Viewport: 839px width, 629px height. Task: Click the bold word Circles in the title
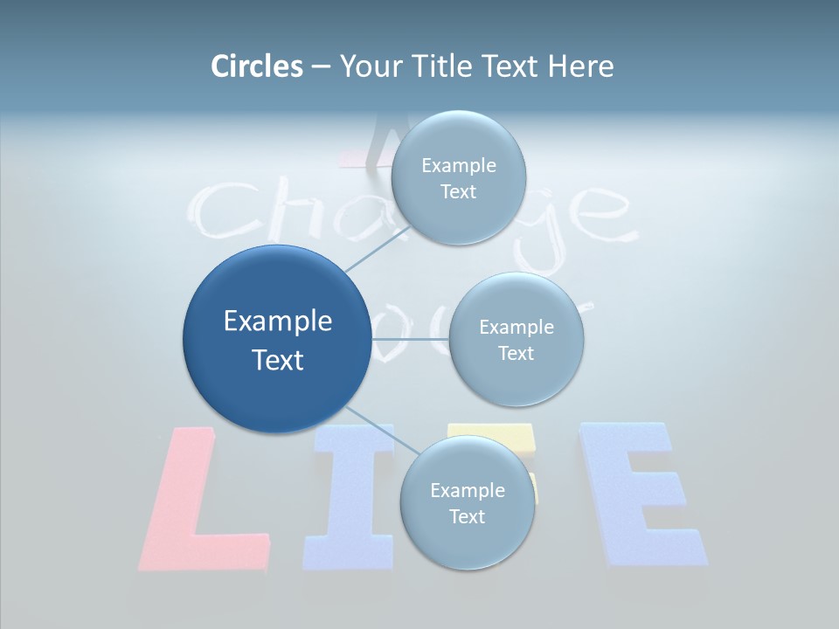click(x=256, y=66)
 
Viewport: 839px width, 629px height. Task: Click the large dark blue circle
click(x=276, y=339)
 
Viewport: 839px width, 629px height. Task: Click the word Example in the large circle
click(x=278, y=321)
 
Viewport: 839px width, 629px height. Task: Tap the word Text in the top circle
click(x=458, y=192)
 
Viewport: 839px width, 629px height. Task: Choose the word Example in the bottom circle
click(x=467, y=490)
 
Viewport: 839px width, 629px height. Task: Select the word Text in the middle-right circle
click(x=517, y=354)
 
